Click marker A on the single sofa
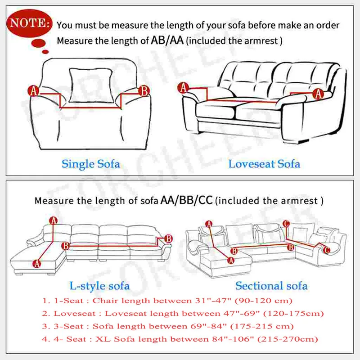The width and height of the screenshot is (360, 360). pyautogui.click(x=34, y=91)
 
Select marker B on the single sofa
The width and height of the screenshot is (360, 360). pyautogui.click(x=144, y=91)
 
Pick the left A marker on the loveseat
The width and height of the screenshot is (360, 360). pyautogui.click(x=183, y=88)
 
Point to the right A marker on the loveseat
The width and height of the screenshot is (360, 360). pyautogui.click(x=319, y=94)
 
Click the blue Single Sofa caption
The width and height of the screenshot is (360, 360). pyautogui.click(x=91, y=163)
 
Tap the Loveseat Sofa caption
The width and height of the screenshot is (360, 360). pyautogui.click(x=264, y=163)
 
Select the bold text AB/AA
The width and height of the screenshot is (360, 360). pyautogui.click(x=166, y=40)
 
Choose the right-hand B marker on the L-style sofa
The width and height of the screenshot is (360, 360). pyautogui.click(x=168, y=238)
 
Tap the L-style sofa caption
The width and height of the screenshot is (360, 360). pyautogui.click(x=99, y=285)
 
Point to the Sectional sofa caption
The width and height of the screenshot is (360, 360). pyautogui.click(x=271, y=285)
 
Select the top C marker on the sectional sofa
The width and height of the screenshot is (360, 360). pyautogui.click(x=287, y=224)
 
